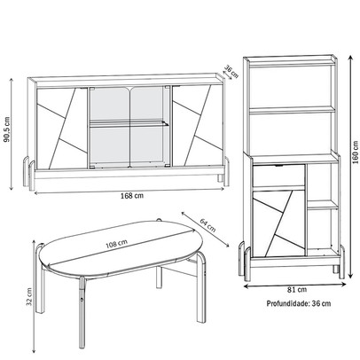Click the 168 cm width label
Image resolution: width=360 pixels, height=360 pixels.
click(x=132, y=196)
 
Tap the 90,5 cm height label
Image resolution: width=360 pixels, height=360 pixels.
click(x=7, y=129)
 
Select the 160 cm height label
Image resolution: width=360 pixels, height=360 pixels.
click(x=356, y=152)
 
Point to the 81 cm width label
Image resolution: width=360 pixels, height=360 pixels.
click(x=297, y=289)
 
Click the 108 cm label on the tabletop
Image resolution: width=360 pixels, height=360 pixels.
click(x=117, y=244)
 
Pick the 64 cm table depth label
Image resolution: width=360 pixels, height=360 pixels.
click(x=207, y=225)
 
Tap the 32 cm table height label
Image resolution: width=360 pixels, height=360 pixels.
click(x=29, y=296)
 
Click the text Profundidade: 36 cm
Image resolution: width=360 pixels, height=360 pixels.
click(x=299, y=303)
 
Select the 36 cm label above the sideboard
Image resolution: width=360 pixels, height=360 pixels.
click(x=231, y=72)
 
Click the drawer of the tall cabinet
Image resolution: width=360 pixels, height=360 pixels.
click(x=278, y=176)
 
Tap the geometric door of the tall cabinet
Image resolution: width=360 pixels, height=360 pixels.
click(x=278, y=223)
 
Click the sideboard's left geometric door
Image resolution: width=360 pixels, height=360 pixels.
click(x=62, y=129)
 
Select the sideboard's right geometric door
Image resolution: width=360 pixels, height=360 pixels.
click(x=198, y=126)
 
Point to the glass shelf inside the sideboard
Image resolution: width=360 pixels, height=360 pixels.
click(x=129, y=124)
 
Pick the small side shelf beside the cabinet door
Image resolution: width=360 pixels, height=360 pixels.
click(x=323, y=205)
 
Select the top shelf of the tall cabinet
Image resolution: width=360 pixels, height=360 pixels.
click(x=292, y=63)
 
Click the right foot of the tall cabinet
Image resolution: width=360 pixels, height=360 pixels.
click(x=341, y=262)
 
